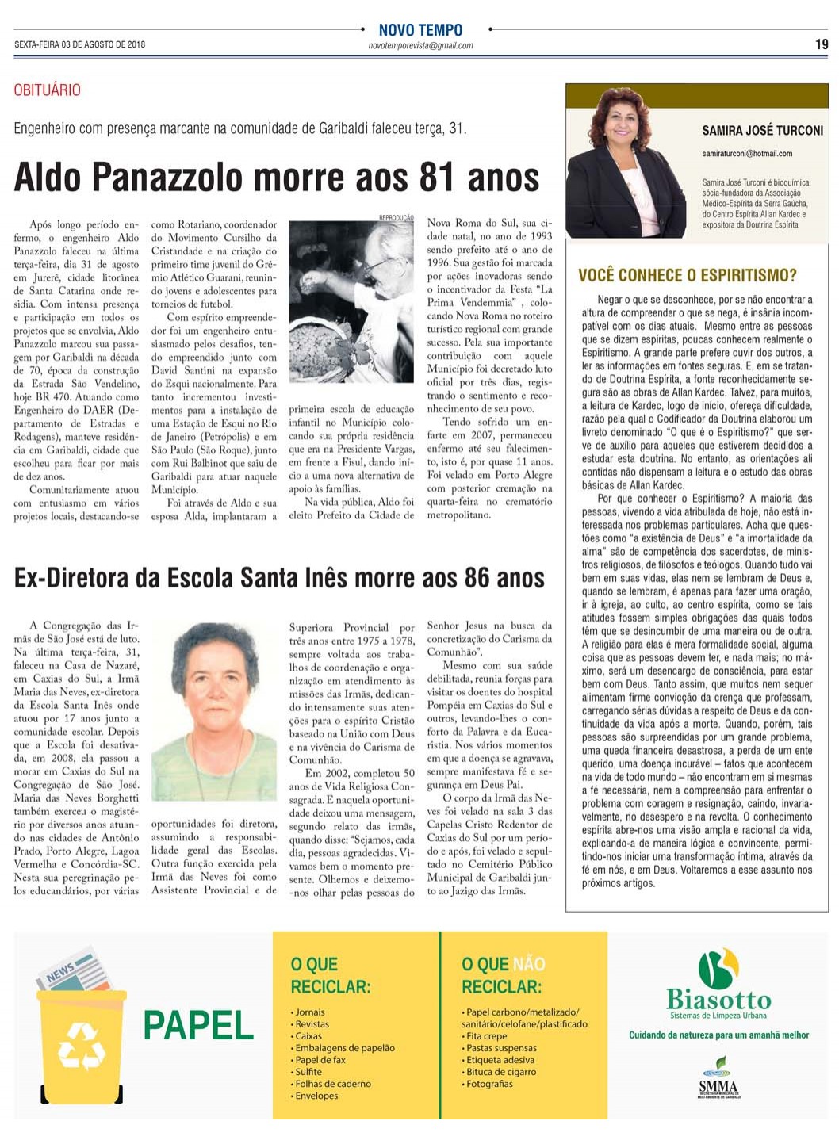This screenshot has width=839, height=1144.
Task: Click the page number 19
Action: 822,44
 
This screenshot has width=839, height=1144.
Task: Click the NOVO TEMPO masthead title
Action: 420,30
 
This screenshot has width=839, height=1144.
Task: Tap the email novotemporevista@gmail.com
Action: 420,46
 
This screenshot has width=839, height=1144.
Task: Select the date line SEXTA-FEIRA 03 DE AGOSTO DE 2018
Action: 79,44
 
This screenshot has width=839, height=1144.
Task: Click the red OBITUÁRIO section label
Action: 47,90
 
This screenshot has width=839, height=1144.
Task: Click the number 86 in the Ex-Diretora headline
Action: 477,578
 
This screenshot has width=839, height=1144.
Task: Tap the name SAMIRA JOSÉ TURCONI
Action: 762,131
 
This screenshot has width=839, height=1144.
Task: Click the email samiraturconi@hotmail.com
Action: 746,154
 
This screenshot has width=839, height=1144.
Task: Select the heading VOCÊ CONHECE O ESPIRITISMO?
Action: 687,276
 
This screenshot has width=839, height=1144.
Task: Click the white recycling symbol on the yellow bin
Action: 82,1046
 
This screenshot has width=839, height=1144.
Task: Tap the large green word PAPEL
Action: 198,1026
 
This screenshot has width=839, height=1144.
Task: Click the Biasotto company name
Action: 718,1000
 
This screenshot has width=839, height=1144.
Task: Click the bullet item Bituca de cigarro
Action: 501,1072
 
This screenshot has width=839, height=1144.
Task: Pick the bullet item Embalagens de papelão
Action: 344,1048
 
